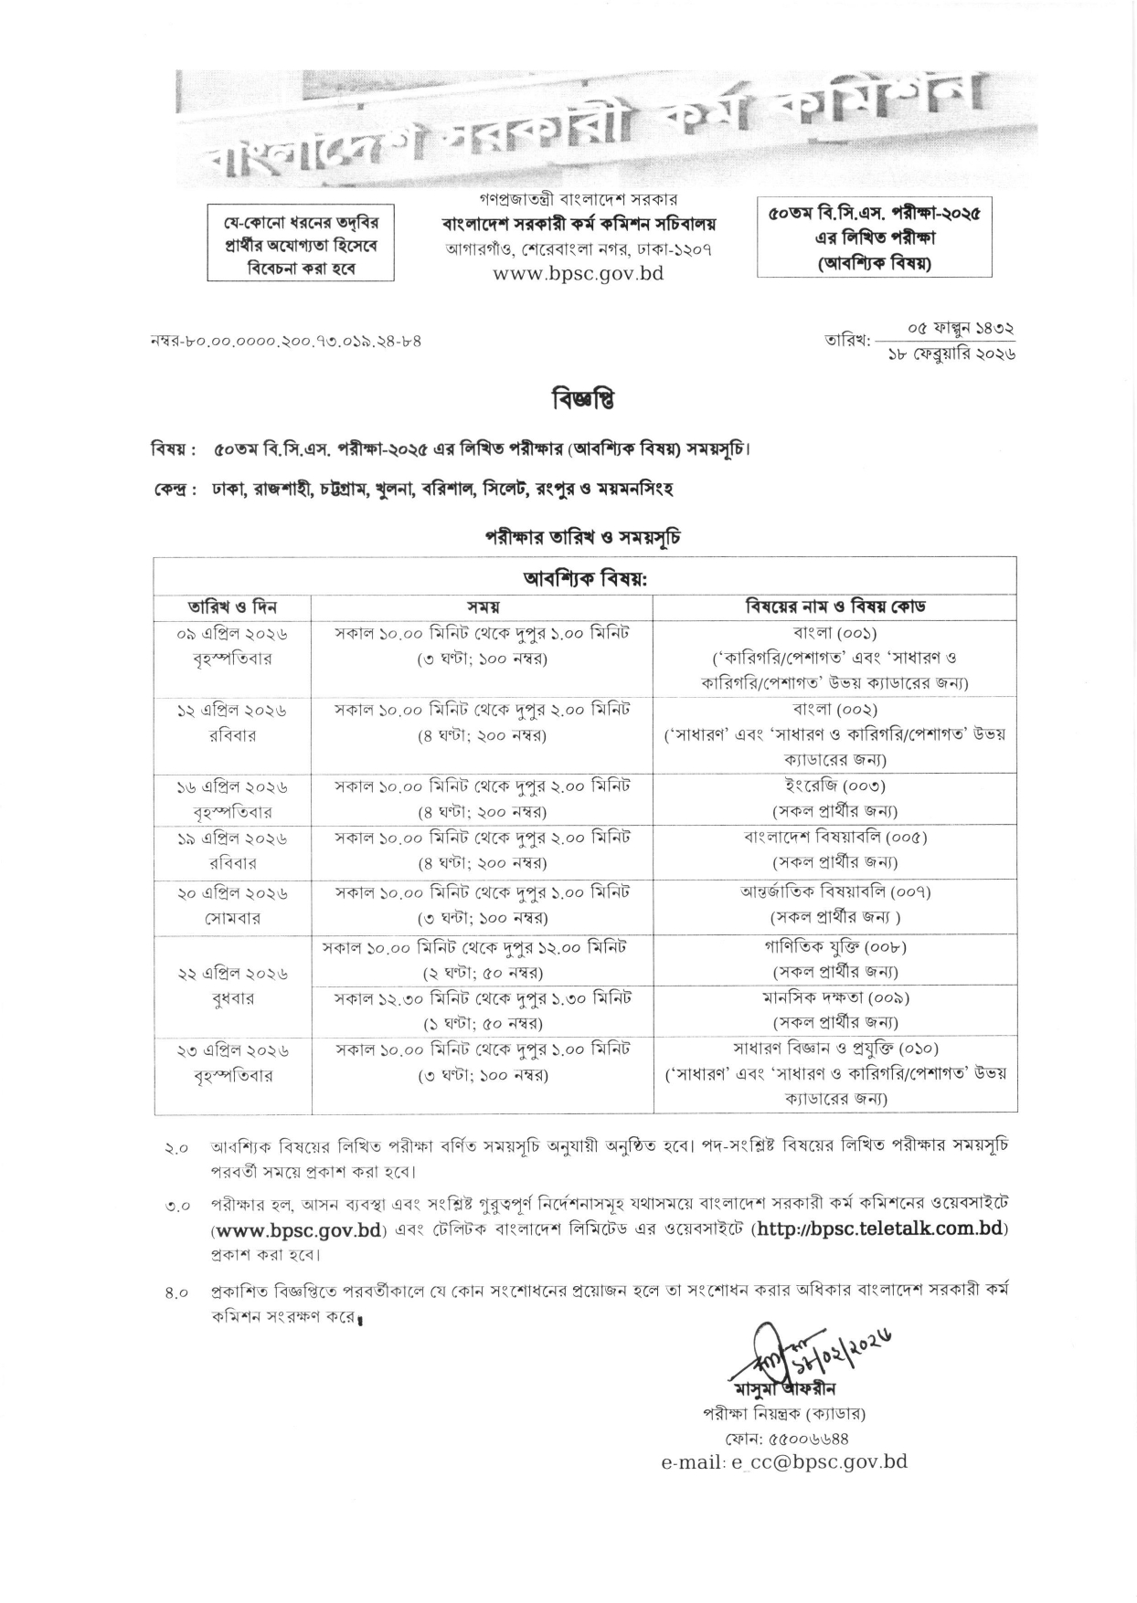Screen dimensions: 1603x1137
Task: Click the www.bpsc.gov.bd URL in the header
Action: [x=578, y=272]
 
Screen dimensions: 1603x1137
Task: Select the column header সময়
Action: [x=483, y=607]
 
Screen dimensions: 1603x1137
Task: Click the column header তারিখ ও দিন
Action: [x=232, y=607]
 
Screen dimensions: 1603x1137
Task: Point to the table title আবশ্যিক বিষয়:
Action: [x=584, y=578]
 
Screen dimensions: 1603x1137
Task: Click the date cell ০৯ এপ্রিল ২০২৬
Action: [x=232, y=633]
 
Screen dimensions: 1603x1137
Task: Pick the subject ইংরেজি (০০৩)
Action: [x=834, y=786]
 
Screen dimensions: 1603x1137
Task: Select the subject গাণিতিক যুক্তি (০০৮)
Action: [x=834, y=947]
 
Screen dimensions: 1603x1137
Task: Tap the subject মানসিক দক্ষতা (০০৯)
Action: [x=835, y=997]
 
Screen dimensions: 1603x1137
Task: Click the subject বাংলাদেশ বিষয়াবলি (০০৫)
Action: [x=835, y=837]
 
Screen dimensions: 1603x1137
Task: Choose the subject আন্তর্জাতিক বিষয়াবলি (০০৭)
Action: [x=835, y=891]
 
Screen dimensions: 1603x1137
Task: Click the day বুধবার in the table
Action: [x=232, y=999]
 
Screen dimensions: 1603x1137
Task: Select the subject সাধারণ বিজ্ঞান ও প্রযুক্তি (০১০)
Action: [x=835, y=1049]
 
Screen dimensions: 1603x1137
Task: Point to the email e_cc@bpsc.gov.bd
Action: [x=784, y=1462]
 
